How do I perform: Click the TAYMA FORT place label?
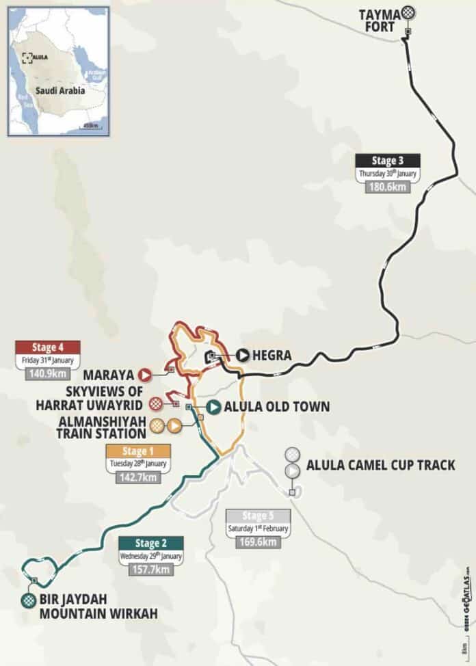pyautogui.click(x=380, y=20)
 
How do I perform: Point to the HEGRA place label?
pyautogui.click(x=273, y=356)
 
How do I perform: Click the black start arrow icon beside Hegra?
pyautogui.click(x=243, y=355)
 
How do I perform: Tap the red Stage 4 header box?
pyautogui.click(x=48, y=347)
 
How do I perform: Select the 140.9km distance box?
pyautogui.click(x=47, y=373)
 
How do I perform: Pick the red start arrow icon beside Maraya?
pyautogui.click(x=144, y=375)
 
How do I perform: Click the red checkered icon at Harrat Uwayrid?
pyautogui.click(x=157, y=403)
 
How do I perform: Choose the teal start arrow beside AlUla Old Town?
pyautogui.click(x=213, y=407)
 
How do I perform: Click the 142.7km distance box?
pyautogui.click(x=135, y=477)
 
